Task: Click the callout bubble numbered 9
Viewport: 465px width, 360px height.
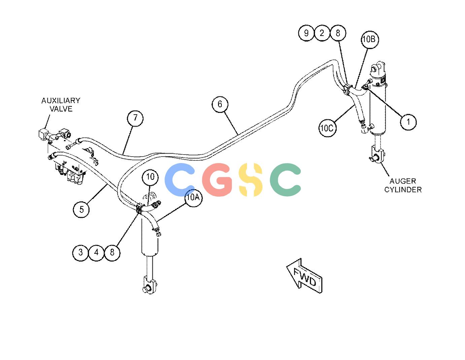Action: point(307,33)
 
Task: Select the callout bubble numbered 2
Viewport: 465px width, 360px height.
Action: point(322,33)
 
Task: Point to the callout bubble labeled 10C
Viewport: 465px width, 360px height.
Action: point(327,128)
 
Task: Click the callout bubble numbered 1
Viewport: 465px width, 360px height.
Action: point(408,122)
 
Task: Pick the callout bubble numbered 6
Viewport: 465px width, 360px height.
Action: point(220,104)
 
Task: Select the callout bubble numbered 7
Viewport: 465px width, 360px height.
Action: point(135,118)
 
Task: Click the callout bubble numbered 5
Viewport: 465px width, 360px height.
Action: point(81,210)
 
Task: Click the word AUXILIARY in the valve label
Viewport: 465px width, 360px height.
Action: point(61,101)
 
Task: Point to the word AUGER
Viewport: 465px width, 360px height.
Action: point(403,181)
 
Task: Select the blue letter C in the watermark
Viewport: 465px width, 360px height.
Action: point(180,180)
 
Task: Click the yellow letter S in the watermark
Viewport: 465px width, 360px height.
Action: point(251,180)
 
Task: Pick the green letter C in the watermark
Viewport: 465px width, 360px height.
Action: point(285,180)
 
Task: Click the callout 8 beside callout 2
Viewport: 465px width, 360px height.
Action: point(338,33)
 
